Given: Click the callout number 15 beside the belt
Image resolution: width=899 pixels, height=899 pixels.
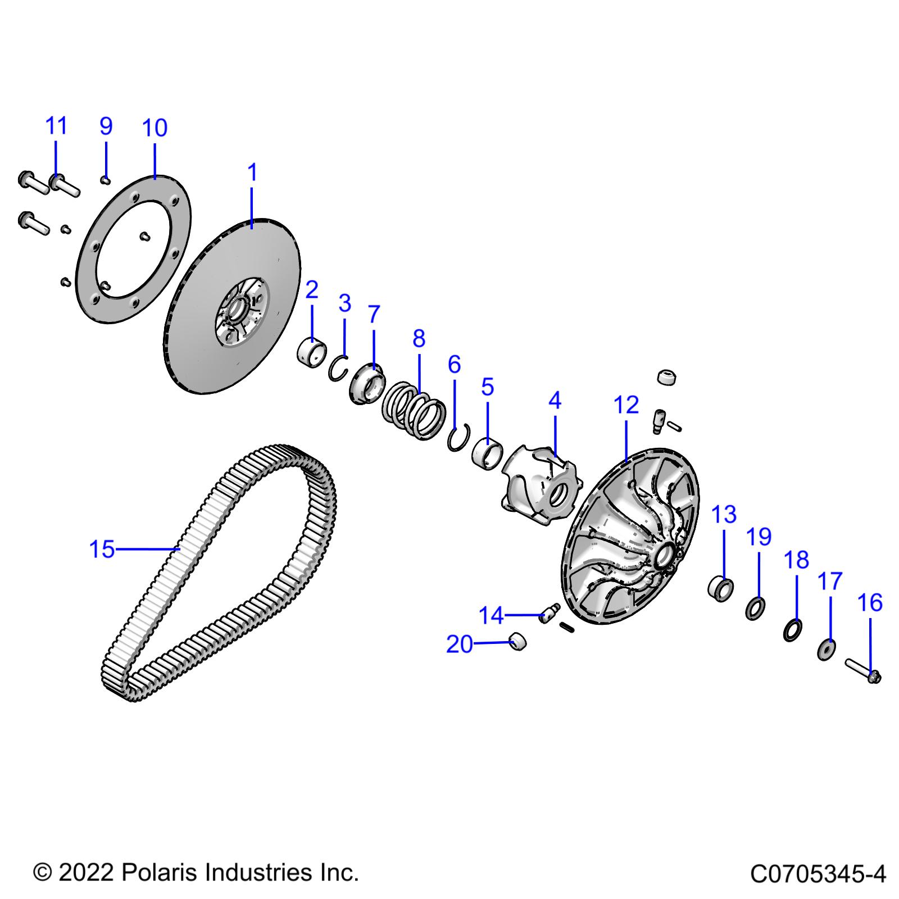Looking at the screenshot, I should click(102, 550).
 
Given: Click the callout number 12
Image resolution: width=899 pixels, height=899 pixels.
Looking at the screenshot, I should click(626, 405).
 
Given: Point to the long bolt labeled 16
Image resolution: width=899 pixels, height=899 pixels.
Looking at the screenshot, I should click(862, 671).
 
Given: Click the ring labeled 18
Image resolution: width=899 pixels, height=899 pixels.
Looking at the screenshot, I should click(792, 630).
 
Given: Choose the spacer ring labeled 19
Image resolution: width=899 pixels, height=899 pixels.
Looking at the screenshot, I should click(755, 609).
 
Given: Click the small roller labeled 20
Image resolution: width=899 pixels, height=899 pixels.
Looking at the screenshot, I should click(517, 641).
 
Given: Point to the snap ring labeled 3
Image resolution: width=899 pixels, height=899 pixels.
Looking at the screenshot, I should click(338, 368).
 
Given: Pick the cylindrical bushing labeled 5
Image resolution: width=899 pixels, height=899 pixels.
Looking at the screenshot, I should click(487, 451).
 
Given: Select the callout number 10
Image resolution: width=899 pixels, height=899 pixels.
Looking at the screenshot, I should click(155, 128).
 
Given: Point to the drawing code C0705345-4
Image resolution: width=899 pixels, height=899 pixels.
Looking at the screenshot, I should click(818, 874).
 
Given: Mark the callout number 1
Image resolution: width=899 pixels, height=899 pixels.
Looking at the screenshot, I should click(252, 172).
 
